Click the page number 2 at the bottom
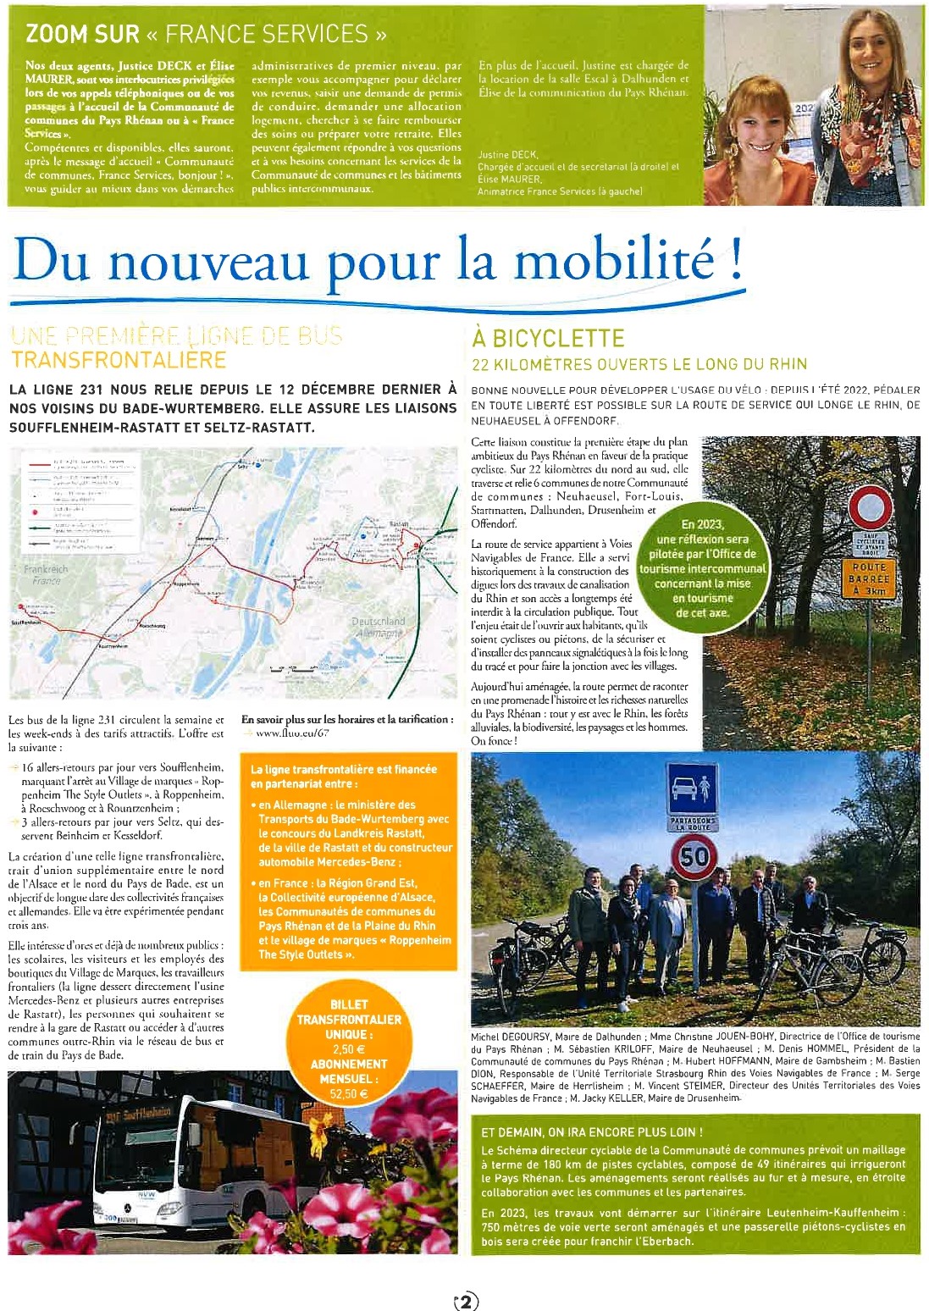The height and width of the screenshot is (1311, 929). [x=466, y=1301]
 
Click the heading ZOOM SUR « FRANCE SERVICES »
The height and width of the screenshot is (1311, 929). [x=206, y=34]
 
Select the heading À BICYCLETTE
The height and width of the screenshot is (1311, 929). [x=548, y=339]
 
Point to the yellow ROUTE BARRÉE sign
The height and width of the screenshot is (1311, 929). [x=869, y=578]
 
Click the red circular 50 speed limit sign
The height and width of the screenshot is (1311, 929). [x=694, y=857]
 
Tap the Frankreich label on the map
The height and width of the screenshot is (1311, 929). [x=46, y=570]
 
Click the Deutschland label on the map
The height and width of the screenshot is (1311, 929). [x=378, y=622]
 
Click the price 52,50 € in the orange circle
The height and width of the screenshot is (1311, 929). [x=348, y=1094]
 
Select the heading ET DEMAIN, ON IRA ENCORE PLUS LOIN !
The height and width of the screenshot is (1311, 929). [x=591, y=1131]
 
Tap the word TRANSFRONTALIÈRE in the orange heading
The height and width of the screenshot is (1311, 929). [x=119, y=360]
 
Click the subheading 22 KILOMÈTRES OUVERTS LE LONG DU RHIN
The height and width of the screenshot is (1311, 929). [x=639, y=364]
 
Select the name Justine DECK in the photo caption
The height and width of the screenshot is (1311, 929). [x=507, y=155]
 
